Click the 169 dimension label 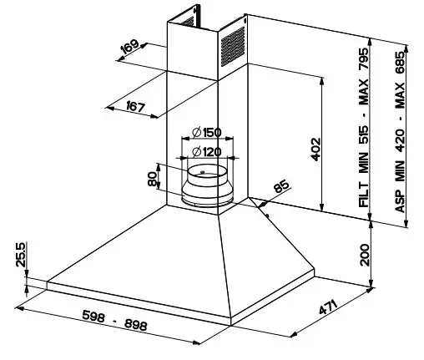tap(129, 47)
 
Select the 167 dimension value tap(136, 107)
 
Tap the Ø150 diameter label tap(207, 133)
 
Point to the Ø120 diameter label tap(207, 152)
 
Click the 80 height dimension tap(152, 179)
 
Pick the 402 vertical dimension tap(315, 150)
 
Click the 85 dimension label tap(281, 186)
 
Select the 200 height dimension tap(365, 255)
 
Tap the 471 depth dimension tap(328, 307)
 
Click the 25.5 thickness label tap(21, 255)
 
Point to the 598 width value tap(93, 316)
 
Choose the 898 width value tap(135, 325)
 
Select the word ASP tap(400, 201)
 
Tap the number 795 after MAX tap(364, 59)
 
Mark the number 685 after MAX tap(400, 63)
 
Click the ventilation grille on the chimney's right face tap(233, 47)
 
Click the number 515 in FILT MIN tap(364, 135)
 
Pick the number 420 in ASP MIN tap(400, 140)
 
